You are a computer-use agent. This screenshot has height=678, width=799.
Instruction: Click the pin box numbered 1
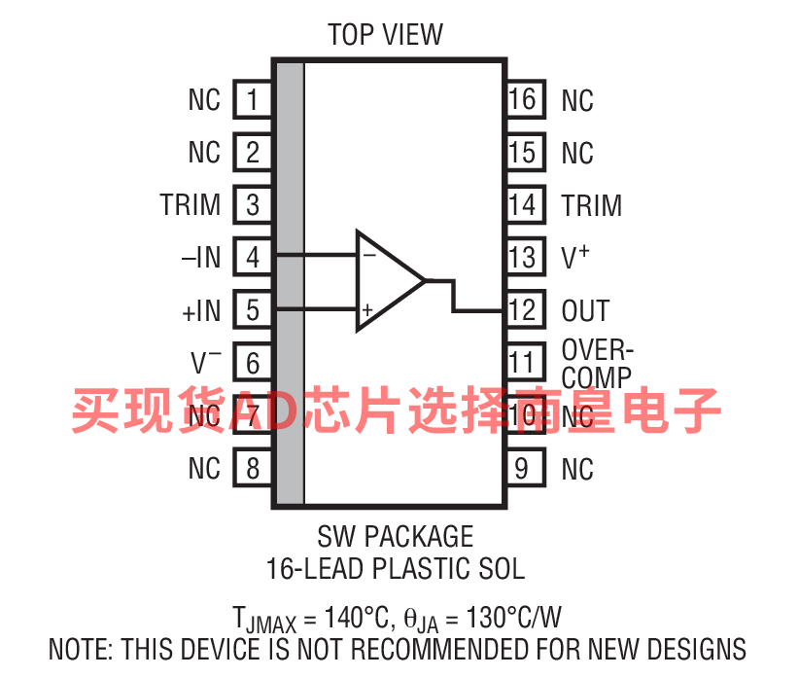pos(253,99)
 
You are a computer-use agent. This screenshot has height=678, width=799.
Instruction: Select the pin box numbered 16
pos(526,99)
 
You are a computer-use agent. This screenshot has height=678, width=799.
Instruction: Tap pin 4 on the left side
pos(253,257)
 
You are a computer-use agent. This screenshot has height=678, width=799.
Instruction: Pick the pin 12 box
pos(526,310)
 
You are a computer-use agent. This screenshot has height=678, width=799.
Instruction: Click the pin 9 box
pos(526,468)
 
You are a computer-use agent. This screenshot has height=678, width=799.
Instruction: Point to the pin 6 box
pos(253,363)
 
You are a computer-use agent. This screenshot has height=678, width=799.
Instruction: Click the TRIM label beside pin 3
pos(191,204)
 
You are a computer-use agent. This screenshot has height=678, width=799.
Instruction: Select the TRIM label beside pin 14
pos(592,205)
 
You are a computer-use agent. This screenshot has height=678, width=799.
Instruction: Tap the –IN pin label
pos(201,257)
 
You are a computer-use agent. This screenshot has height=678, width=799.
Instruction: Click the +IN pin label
pos(201,310)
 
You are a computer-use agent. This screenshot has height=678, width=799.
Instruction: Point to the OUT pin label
pos(585,310)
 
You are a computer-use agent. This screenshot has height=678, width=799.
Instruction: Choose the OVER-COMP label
pos(597,364)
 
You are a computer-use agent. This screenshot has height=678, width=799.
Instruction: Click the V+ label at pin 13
pos(575,257)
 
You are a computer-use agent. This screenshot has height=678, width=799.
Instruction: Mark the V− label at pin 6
pos(206,362)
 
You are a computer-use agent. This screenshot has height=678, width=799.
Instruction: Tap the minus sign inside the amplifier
pos(369,255)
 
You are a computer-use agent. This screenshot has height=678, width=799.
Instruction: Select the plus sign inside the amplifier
pos(367,309)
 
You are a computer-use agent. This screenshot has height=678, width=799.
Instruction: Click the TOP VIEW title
pos(385,35)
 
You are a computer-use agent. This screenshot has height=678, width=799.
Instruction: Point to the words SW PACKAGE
pos(396,536)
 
